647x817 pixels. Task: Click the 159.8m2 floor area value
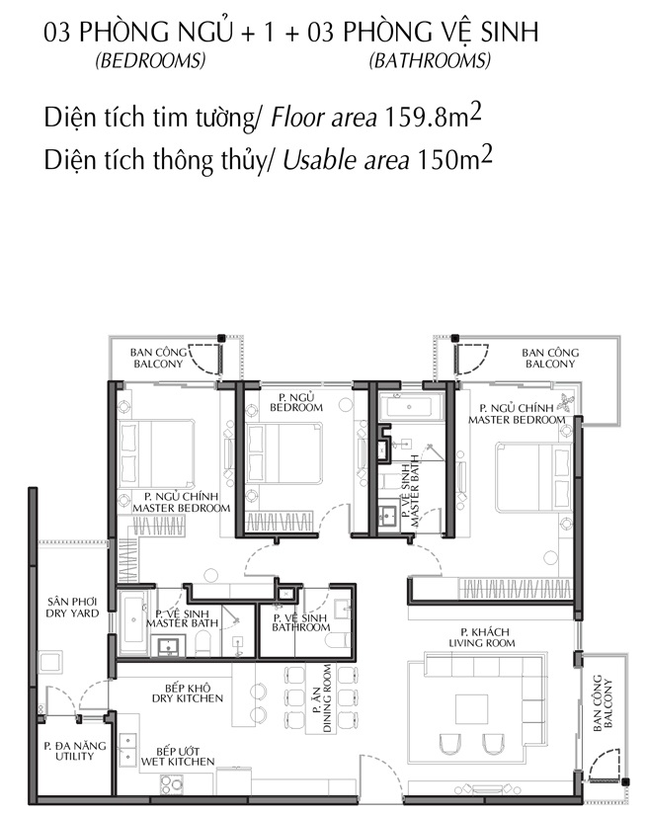(x=433, y=116)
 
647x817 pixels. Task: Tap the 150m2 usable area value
(x=454, y=158)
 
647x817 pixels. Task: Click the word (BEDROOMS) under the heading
(x=150, y=61)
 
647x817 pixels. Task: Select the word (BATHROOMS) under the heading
(x=430, y=61)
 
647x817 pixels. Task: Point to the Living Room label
(x=482, y=638)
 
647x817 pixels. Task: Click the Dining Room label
(x=322, y=697)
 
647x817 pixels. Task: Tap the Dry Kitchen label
(x=188, y=693)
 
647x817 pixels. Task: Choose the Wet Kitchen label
(x=178, y=757)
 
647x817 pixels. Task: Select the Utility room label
(x=74, y=751)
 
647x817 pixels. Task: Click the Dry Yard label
(x=72, y=608)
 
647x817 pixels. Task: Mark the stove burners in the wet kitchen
(x=172, y=785)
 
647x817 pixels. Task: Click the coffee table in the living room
(x=472, y=708)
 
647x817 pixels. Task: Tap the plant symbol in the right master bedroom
(x=566, y=403)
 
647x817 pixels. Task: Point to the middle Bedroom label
(x=296, y=402)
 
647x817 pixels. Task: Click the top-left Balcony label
(x=159, y=358)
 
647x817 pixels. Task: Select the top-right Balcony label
(x=550, y=359)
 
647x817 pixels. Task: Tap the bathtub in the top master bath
(x=412, y=406)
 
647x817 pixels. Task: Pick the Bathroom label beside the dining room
(x=300, y=622)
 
